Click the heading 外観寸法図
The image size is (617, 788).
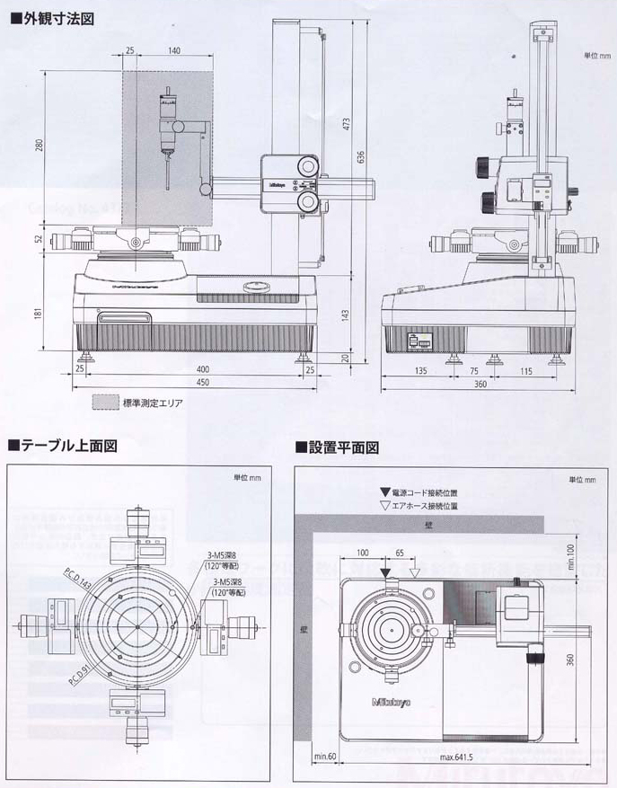(56, 18)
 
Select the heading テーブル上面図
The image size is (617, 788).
(69, 445)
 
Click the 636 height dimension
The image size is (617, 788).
(361, 156)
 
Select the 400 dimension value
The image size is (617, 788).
(203, 369)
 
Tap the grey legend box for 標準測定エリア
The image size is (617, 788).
(105, 403)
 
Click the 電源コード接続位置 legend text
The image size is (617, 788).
(427, 493)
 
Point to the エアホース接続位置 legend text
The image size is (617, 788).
(427, 506)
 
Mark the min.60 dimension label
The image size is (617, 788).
(323, 757)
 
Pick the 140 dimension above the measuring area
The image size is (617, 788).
(173, 50)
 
